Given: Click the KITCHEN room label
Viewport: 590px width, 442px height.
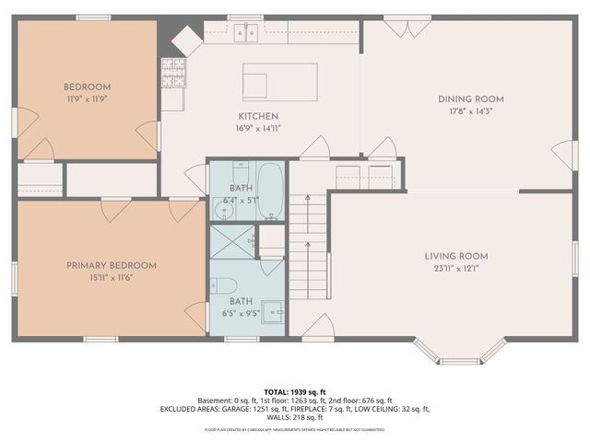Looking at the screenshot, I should pos(259,116).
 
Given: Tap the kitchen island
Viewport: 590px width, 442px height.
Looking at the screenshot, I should pos(279,81).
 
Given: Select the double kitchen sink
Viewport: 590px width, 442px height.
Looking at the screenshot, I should pos(244,33).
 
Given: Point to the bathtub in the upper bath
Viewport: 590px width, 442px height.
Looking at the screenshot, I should pos(270,192).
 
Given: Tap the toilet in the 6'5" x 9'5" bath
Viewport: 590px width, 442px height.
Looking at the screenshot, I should pos(228,285).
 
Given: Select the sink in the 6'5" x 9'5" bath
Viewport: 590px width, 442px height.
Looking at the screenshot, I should pos(273,312).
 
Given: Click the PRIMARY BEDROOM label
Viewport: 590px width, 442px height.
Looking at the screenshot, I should pos(111,265).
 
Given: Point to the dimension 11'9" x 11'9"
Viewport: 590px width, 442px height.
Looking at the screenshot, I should pos(87,98).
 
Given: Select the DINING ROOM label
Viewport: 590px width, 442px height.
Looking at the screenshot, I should pos(470,99).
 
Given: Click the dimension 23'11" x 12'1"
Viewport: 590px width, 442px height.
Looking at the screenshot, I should pos(455,269).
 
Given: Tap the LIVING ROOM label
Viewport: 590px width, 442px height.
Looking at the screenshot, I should pos(455,256).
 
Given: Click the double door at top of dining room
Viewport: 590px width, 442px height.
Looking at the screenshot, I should pos(399,28).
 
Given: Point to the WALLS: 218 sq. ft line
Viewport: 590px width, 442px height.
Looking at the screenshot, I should pos(295,417).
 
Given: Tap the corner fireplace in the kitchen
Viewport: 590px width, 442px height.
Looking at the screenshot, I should pos(184,39).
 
